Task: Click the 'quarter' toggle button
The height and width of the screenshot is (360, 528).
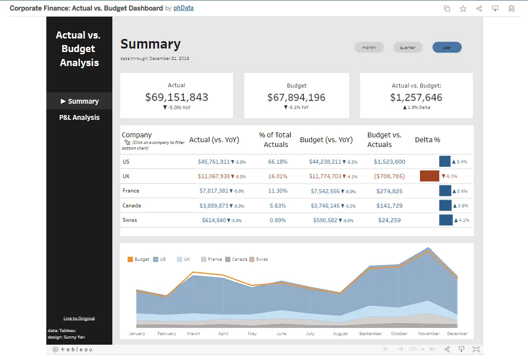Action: [x=408, y=47]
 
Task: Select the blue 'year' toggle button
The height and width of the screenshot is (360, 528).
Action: [x=447, y=47]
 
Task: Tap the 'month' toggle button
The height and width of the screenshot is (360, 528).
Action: [x=369, y=47]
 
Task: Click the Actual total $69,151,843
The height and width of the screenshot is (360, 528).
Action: [x=177, y=97]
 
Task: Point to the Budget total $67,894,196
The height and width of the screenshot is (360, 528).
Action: [x=296, y=97]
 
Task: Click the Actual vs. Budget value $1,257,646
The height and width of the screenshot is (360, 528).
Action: [x=416, y=97]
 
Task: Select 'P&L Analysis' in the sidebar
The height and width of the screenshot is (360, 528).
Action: [x=80, y=117]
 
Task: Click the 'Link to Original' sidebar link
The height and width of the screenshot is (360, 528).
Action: [x=79, y=318]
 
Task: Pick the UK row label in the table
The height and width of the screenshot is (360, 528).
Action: [x=126, y=176]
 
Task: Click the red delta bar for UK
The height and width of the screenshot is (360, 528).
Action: [x=429, y=176]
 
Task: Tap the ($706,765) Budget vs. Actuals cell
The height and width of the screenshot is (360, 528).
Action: [x=389, y=176]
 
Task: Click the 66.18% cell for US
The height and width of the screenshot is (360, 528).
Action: [x=278, y=161]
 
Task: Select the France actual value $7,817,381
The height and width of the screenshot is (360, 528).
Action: [x=214, y=191]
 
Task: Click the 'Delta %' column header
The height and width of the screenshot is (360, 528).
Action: [x=427, y=140]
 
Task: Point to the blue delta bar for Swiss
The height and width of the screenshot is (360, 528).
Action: [x=445, y=220]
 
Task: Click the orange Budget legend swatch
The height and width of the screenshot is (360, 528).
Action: [x=130, y=259]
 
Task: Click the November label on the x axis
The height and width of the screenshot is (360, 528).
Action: [x=429, y=333]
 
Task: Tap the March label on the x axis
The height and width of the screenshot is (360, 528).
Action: [x=193, y=333]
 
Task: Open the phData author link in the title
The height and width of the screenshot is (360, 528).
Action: [x=183, y=8]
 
